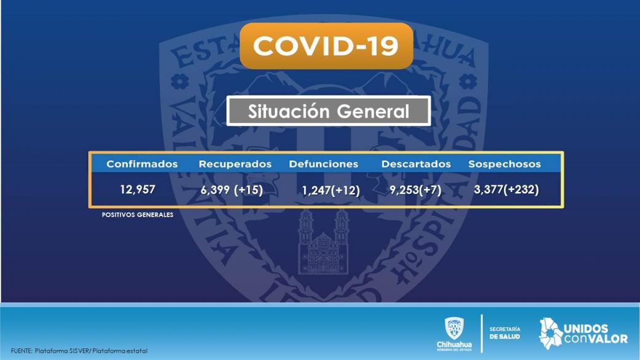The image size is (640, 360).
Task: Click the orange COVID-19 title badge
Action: [327, 46]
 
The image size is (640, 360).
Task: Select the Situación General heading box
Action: [329, 111]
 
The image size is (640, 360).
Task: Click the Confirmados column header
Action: [142, 164]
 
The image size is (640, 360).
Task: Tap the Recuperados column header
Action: [235, 164]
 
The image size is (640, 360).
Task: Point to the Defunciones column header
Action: [324, 164]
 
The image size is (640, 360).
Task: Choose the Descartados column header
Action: [416, 164]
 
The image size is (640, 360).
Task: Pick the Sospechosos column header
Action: [505, 164]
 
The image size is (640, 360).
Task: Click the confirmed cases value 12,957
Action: [138, 190]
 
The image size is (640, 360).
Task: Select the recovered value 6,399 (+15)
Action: [231, 190]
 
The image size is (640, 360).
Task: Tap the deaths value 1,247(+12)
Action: [330, 190]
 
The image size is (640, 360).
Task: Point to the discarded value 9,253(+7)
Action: [415, 190]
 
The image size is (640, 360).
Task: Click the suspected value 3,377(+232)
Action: [506, 190]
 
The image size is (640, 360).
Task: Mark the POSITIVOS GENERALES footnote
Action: [138, 215]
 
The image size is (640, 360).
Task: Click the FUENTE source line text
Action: [79, 351]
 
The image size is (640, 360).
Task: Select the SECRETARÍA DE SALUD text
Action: [505, 333]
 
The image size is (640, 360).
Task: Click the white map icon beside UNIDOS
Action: [550, 334]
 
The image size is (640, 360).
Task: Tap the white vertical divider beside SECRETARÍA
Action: [482, 334]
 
